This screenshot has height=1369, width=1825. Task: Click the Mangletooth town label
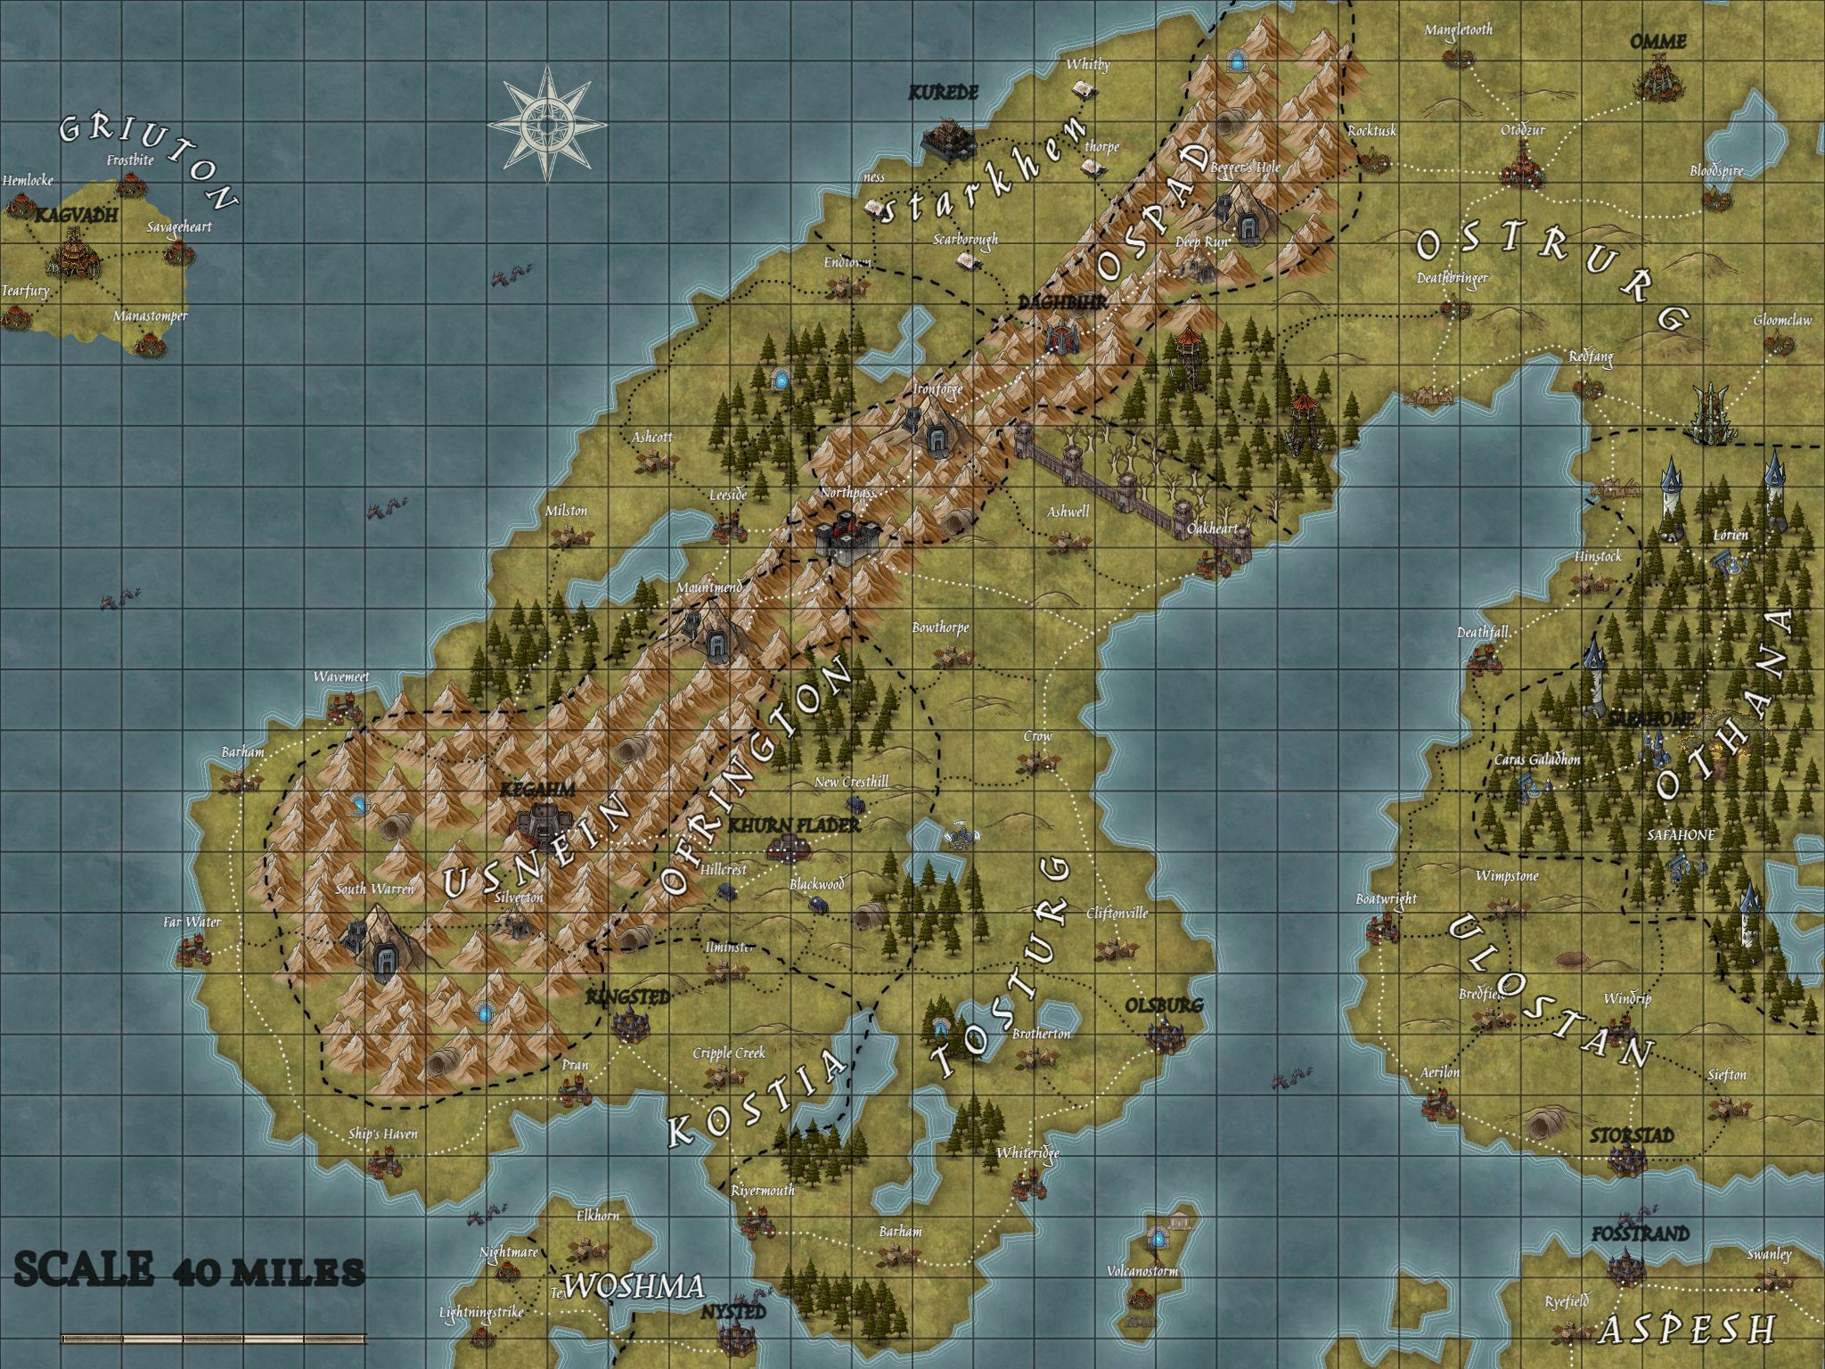[x=1458, y=29]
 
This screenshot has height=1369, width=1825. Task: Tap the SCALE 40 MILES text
[x=189, y=1270]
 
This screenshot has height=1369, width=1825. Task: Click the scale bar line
[x=214, y=1337]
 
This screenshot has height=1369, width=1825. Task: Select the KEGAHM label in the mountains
[x=537, y=790]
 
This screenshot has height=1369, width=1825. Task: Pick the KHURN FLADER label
[x=794, y=825]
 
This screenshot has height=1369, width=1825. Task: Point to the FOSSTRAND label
[x=1641, y=1234]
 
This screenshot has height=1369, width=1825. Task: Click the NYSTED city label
[x=732, y=1313]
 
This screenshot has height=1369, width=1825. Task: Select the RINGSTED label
[x=627, y=996]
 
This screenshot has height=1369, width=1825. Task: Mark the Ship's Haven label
[x=383, y=1135]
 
